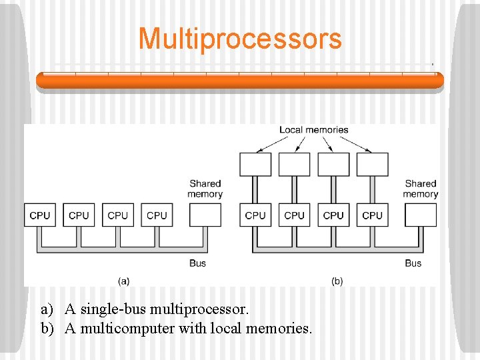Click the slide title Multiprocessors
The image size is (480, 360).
click(x=240, y=39)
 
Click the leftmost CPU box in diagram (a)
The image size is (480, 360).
click(x=40, y=215)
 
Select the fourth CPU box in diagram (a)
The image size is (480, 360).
click(x=157, y=215)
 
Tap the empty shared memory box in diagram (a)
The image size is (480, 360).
click(x=205, y=215)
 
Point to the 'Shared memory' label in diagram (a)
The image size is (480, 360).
click(x=205, y=189)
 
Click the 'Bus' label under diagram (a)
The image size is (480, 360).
click(x=197, y=263)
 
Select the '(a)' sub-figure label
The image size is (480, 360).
click(x=123, y=281)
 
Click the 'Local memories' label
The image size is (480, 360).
click(x=313, y=130)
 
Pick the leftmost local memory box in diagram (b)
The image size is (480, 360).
click(x=255, y=164)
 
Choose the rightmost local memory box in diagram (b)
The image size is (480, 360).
click(x=372, y=164)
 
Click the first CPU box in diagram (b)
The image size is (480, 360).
click(x=255, y=215)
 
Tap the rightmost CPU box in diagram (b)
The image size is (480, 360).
click(x=372, y=215)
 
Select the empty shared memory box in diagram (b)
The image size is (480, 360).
click(x=421, y=215)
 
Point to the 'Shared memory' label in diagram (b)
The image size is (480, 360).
click(x=421, y=189)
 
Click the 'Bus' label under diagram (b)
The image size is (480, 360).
click(x=413, y=263)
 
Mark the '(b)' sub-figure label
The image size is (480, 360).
click(x=337, y=281)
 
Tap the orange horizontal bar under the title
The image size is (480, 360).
click(x=240, y=81)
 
